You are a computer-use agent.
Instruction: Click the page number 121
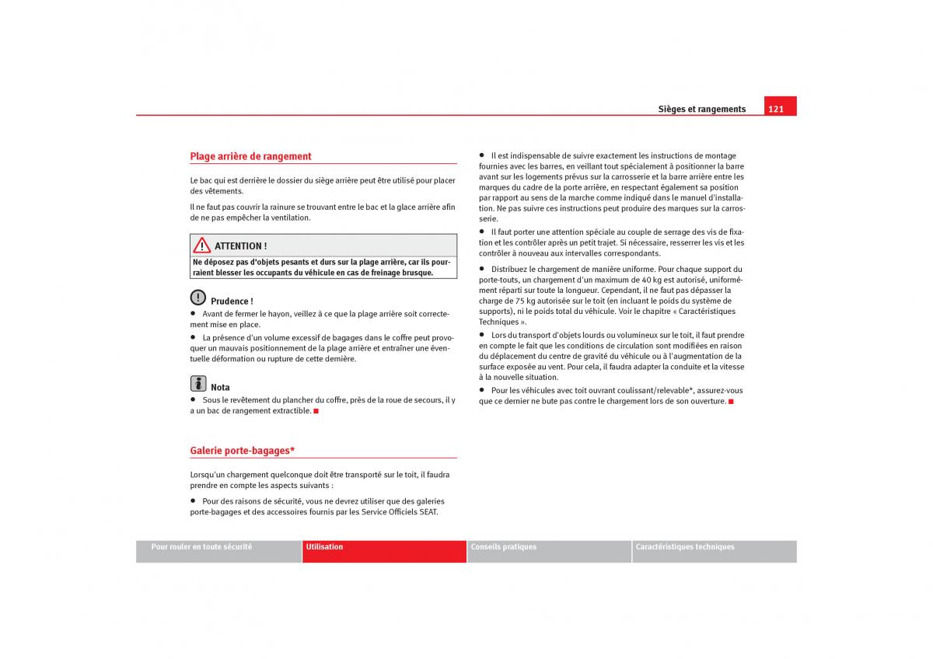tap(776, 109)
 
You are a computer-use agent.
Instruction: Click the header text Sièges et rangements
tap(701, 110)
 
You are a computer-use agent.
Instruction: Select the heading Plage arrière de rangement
tap(250, 156)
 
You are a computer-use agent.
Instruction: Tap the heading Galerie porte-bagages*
tap(242, 451)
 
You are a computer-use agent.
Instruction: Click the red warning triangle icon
tap(202, 246)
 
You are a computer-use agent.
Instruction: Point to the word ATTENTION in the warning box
tap(238, 246)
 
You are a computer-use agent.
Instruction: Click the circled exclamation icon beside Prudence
tap(198, 298)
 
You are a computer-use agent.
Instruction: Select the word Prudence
tap(230, 302)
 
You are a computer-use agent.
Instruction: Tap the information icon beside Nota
tap(198, 384)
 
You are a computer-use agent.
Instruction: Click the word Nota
tap(220, 387)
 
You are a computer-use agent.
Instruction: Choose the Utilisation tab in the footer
tap(324, 547)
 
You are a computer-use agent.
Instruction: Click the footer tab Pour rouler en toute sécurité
tap(201, 547)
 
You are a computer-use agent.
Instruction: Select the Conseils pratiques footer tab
tap(503, 547)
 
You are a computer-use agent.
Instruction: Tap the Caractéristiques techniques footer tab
tap(684, 547)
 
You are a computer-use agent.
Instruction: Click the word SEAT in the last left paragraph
tap(428, 512)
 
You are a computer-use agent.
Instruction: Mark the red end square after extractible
tap(316, 411)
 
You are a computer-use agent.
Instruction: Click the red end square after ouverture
tap(731, 402)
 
